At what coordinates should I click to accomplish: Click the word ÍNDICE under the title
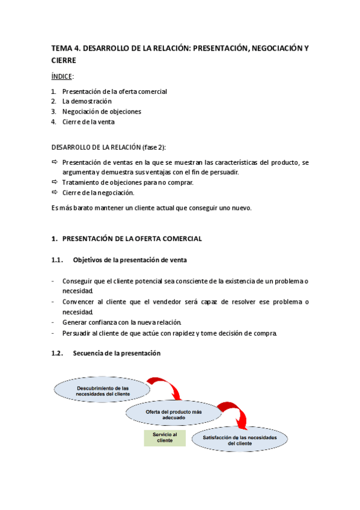(x=61, y=76)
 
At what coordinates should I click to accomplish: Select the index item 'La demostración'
(x=87, y=101)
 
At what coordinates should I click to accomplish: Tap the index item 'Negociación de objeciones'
(x=102, y=111)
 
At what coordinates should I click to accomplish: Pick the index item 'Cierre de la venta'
(x=88, y=121)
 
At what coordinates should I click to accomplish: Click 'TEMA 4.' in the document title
(x=64, y=48)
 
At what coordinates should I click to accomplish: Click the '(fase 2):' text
(x=153, y=147)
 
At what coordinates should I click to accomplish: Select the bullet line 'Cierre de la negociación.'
(x=98, y=192)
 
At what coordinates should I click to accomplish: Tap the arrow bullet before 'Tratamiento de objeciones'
(x=54, y=182)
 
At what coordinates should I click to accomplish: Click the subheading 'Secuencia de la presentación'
(x=117, y=354)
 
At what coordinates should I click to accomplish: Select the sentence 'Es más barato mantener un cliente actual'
(x=151, y=208)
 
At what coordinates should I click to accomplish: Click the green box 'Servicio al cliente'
(x=165, y=437)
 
